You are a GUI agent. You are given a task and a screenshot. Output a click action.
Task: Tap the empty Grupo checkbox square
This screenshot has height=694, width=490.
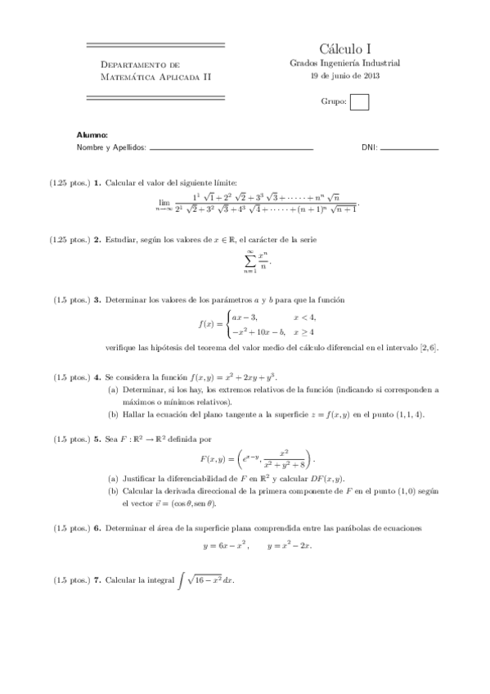[x=359, y=102]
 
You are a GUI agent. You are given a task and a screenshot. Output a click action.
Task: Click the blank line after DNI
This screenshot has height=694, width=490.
[x=409, y=149]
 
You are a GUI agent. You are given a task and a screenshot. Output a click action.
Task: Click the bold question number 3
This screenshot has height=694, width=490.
[x=97, y=300]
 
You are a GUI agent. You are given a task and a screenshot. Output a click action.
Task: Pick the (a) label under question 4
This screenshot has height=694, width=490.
[x=113, y=390]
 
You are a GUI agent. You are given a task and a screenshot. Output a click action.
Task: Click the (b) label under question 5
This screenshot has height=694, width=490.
[x=113, y=490]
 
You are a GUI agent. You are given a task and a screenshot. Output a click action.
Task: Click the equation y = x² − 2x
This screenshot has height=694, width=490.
[x=290, y=544]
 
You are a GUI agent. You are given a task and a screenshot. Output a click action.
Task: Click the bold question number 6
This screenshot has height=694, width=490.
[x=97, y=528]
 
